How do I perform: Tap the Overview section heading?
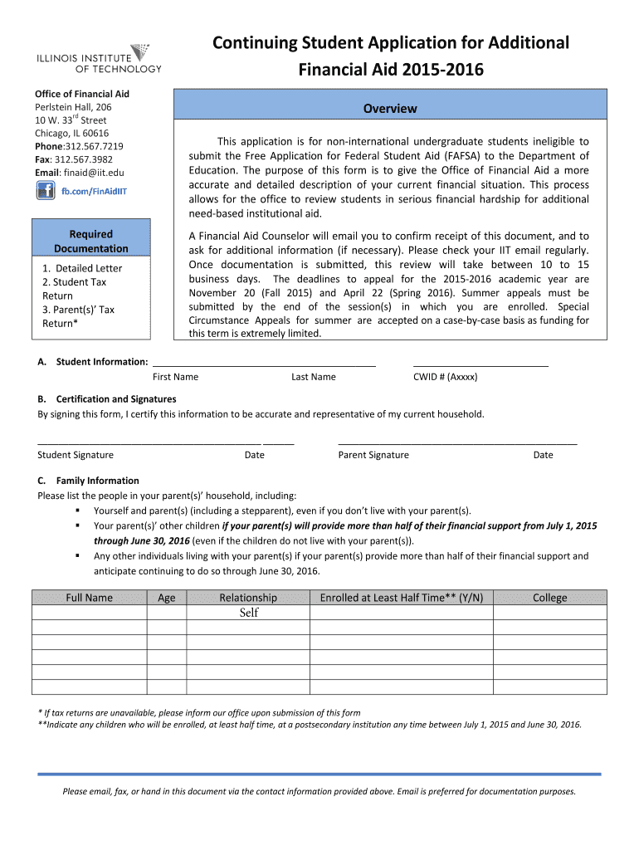389,109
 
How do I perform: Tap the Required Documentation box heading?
91,242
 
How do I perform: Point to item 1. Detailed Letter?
82,268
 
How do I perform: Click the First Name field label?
175,377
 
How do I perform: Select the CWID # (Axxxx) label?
445,377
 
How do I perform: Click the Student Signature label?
76,455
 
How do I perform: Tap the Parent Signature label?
373,455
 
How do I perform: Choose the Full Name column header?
89,598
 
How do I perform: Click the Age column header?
166,598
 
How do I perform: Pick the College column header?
549,598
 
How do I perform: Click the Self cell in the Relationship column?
248,613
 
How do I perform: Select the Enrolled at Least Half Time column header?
401,598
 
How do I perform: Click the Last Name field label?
313,377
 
